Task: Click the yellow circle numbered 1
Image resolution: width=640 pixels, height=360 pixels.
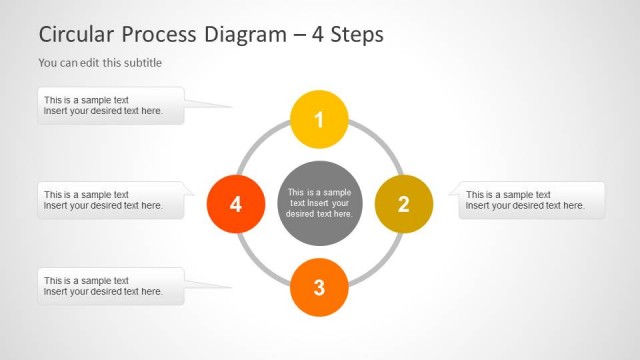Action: pos(319,120)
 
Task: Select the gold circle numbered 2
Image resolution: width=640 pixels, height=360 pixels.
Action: pos(403,204)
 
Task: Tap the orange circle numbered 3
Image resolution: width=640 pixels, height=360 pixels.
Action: pos(319,288)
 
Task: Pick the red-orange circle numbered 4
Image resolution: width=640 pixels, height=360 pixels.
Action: pos(235,204)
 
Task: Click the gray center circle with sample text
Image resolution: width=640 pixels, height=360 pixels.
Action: pos(319,203)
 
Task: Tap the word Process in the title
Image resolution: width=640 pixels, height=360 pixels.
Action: pos(159,34)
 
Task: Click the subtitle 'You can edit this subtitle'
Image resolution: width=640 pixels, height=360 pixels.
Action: pos(100,63)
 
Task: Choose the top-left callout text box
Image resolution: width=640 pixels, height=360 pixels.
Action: pos(111,105)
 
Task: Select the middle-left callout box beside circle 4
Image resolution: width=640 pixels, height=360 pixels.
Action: pos(111,200)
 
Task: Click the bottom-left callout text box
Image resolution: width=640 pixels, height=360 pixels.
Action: pos(111,286)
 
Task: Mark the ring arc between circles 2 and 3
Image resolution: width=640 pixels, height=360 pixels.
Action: pos(379,263)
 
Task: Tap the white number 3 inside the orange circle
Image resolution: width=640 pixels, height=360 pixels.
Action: pos(319,288)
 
